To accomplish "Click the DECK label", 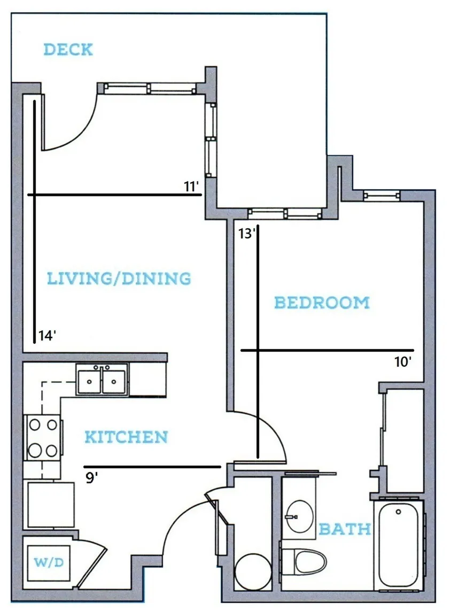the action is [x=68, y=50].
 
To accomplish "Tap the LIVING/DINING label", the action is [x=119, y=279].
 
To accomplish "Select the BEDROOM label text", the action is [x=322, y=303].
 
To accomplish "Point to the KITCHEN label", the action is [x=126, y=437].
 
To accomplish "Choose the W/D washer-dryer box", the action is [x=49, y=562].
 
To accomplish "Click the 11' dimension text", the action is [x=192, y=187].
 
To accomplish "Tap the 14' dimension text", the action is [x=47, y=335].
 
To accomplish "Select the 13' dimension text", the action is [x=247, y=234].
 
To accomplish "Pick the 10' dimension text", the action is [x=403, y=362].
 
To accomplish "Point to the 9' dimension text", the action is [x=91, y=478].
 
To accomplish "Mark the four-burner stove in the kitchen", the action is [x=43, y=438].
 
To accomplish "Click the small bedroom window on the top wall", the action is [x=382, y=196].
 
